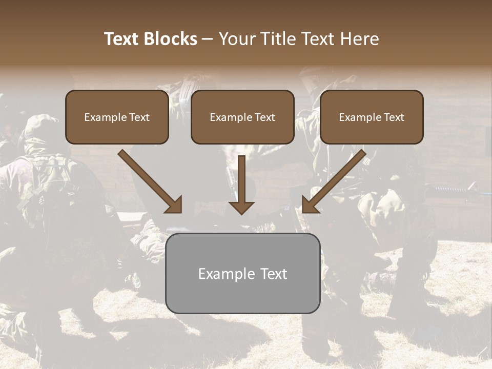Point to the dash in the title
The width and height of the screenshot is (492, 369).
click(x=208, y=39)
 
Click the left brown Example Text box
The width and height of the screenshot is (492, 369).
click(x=117, y=117)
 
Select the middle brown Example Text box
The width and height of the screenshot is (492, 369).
click(x=242, y=117)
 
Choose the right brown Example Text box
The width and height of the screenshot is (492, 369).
click(x=372, y=117)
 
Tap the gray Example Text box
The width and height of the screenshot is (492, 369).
click(x=242, y=273)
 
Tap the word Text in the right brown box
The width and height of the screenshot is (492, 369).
click(x=394, y=117)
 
